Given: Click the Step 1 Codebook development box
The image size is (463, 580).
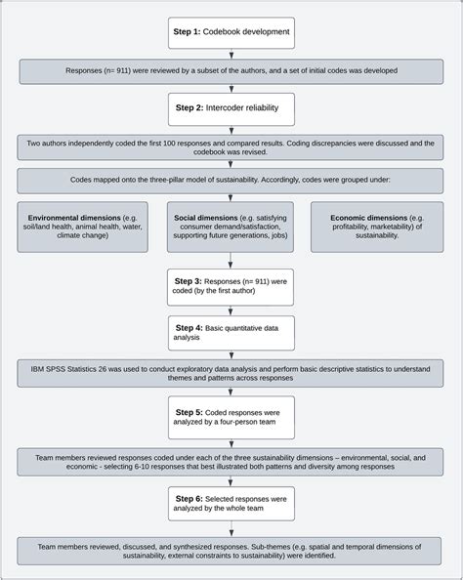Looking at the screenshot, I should point(231,32).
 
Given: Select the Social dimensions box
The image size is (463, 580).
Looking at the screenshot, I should point(231,227).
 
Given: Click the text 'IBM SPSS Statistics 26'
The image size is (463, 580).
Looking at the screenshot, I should point(75,369).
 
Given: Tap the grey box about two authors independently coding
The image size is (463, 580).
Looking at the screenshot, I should point(231,146).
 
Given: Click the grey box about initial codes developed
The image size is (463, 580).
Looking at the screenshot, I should point(231,71).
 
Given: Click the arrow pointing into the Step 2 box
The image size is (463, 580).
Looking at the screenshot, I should point(231,89).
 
